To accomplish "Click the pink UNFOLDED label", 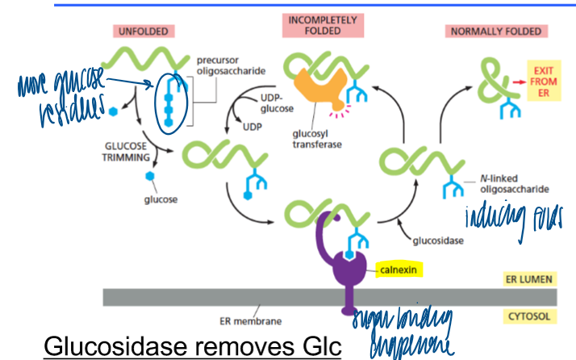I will (143, 31).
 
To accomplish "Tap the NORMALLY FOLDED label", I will (495, 31).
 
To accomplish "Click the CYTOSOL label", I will (530, 316).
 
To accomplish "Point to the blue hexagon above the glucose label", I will (149, 176).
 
